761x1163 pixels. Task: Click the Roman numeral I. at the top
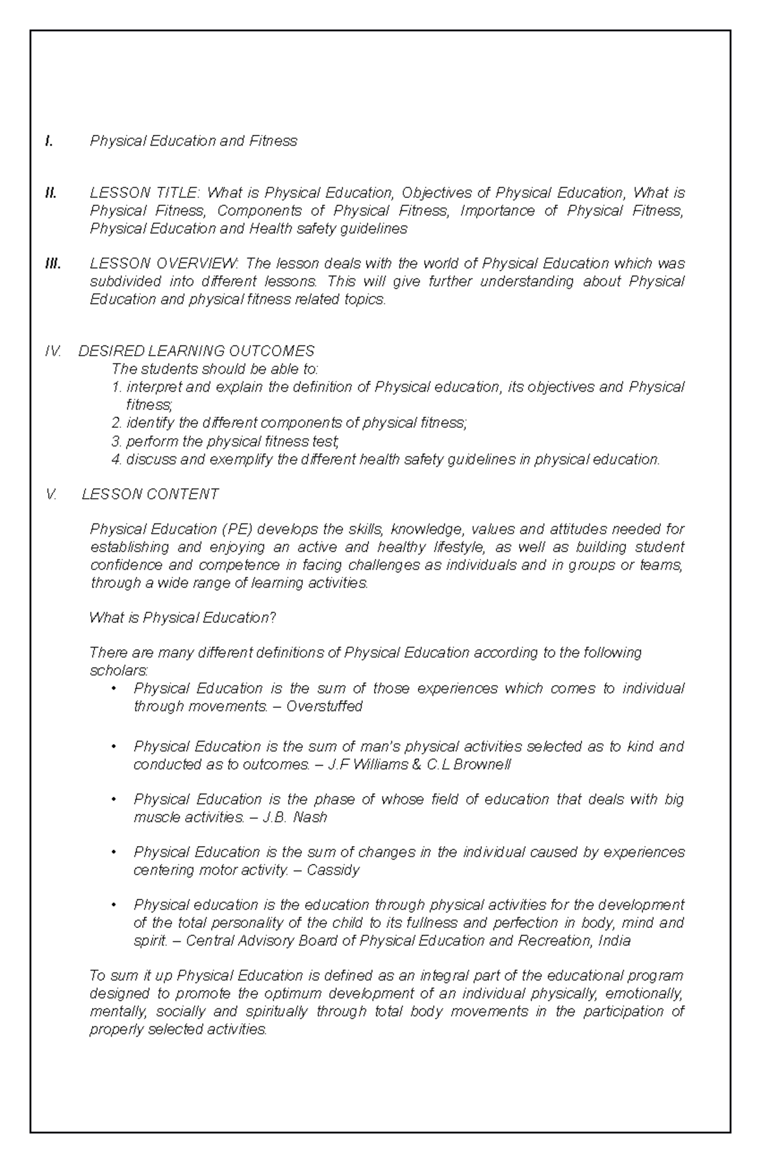[x=49, y=141]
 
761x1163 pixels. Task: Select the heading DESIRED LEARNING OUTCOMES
[x=196, y=351]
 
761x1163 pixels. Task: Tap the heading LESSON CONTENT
[x=150, y=494]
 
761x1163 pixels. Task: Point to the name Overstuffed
[x=324, y=706]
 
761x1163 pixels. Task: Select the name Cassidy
[x=333, y=870]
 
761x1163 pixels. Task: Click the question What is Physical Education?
[x=183, y=618]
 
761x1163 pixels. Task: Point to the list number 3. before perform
[x=116, y=441]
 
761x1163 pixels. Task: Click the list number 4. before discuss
[x=116, y=459]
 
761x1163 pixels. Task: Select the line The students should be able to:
[x=215, y=369]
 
